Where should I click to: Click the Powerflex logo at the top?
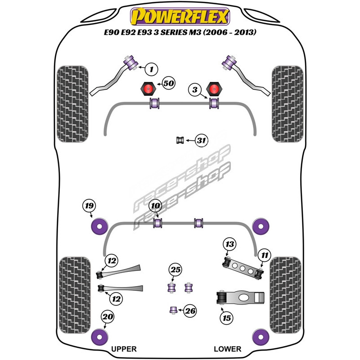click(180, 16)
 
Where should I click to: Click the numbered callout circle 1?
click(152, 69)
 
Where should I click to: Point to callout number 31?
click(202, 141)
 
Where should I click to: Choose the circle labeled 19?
click(90, 206)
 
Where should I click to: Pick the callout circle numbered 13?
click(230, 244)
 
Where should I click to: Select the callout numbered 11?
click(265, 256)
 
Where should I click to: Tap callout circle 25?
click(175, 270)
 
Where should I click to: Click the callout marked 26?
click(190, 310)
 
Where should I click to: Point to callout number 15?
click(227, 318)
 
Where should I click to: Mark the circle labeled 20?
click(107, 317)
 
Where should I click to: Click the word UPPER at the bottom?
click(123, 349)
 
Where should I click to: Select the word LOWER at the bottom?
click(227, 349)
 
